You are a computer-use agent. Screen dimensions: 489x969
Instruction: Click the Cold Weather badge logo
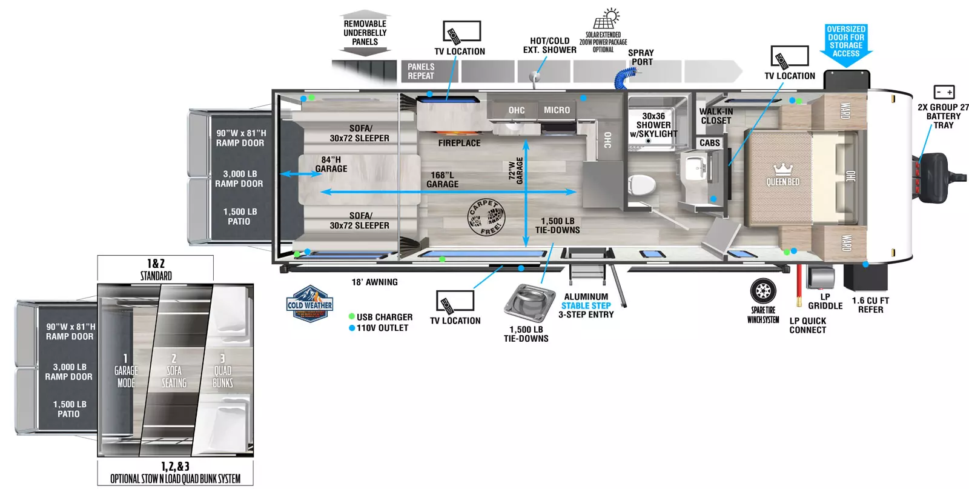(309, 304)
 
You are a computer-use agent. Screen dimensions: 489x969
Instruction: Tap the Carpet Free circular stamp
(486, 217)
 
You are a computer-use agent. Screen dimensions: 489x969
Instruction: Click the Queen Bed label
(782, 182)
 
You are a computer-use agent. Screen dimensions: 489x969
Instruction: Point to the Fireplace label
(459, 143)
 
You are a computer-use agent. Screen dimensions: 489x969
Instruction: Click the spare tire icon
(762, 291)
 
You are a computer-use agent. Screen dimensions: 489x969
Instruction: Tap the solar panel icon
(605, 20)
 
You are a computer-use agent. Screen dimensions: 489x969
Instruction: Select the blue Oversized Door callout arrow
(846, 45)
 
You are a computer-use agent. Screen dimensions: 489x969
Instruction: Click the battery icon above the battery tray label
(944, 92)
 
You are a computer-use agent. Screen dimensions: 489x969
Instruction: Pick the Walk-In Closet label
(716, 116)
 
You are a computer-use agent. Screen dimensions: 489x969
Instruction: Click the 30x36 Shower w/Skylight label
(653, 125)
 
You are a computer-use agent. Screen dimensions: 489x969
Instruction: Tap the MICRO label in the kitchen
(557, 110)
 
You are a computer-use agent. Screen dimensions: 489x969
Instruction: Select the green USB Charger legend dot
(351, 317)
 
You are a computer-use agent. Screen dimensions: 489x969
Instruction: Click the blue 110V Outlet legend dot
(351, 328)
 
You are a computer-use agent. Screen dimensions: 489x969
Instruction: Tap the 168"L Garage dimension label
(442, 179)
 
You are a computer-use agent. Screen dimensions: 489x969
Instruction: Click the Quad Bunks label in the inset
(222, 376)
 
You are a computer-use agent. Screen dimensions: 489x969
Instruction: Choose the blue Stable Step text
(586, 306)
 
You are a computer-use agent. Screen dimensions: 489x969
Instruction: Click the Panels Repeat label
(421, 72)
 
